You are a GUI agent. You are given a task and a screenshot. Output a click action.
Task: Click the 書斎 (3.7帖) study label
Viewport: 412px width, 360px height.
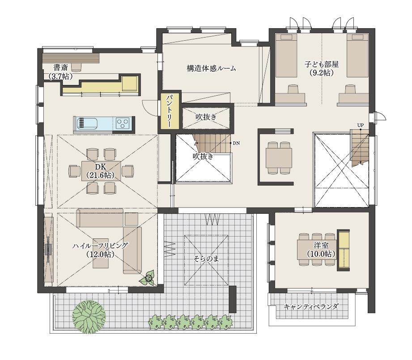(x=61, y=72)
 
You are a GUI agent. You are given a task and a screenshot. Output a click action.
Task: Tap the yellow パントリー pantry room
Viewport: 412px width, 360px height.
(x=170, y=110)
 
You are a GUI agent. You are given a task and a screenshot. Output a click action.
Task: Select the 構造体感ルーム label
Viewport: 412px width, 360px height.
(x=211, y=68)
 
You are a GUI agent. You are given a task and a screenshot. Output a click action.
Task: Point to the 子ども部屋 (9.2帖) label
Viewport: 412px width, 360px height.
(x=321, y=68)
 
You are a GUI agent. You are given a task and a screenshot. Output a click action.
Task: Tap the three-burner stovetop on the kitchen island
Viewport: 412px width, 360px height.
(x=123, y=123)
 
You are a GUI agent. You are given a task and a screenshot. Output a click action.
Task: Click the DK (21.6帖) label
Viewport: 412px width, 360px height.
(x=101, y=171)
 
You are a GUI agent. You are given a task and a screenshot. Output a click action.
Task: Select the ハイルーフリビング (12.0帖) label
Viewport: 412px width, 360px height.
(x=100, y=250)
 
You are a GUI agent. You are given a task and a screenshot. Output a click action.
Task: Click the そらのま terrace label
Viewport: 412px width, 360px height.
(x=206, y=259)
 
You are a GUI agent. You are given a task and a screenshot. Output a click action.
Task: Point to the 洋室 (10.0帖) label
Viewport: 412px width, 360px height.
(x=321, y=250)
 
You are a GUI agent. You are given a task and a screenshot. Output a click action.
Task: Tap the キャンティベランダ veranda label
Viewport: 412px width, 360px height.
(x=311, y=306)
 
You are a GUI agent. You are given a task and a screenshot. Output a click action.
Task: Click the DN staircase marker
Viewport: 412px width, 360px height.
(x=236, y=144)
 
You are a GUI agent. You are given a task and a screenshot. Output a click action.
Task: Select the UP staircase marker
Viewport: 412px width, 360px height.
(x=361, y=125)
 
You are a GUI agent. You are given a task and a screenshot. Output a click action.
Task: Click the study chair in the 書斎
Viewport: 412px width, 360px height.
(x=76, y=67)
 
